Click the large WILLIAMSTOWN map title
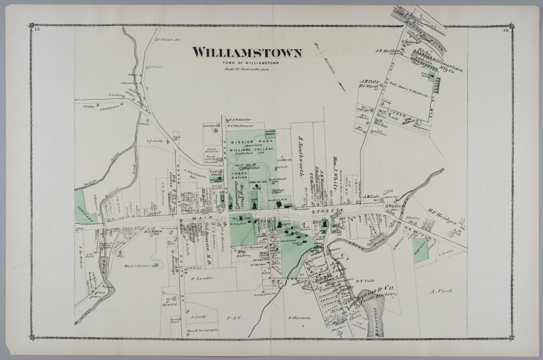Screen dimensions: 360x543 247,53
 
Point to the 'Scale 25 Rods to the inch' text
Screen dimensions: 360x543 247,69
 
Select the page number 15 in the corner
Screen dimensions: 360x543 37,29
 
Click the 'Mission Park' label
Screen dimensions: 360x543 246,142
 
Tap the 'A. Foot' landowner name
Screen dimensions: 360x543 440,291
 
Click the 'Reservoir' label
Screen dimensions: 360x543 377,324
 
